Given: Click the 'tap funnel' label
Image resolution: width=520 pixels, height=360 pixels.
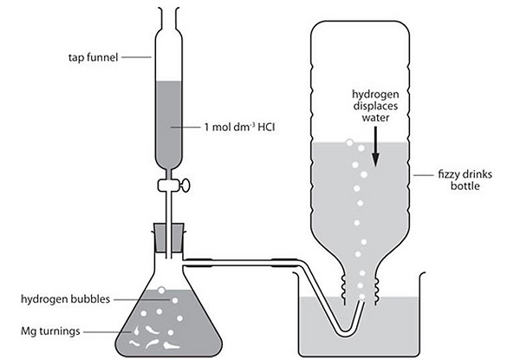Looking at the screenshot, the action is click(94, 57).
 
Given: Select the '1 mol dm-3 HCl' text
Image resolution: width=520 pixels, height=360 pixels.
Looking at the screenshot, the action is click(239, 127).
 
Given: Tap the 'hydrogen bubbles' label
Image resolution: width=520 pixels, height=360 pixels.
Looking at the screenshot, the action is click(65, 299).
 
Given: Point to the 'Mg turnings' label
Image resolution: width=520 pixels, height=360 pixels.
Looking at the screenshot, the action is click(50, 331).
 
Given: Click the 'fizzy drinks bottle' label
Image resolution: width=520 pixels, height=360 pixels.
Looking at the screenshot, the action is click(465, 180).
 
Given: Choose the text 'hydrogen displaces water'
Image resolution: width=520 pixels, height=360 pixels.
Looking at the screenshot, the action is click(375, 106).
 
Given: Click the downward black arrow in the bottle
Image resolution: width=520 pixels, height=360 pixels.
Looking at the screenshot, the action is click(375, 147).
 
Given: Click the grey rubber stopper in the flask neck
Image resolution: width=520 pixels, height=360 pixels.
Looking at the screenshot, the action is click(169, 238).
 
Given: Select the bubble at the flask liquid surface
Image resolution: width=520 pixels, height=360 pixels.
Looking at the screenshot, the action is click(161, 291).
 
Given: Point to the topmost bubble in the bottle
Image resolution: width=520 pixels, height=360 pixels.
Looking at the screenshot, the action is click(349, 142).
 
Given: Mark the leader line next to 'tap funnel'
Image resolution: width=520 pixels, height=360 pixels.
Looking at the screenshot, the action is click(136, 57).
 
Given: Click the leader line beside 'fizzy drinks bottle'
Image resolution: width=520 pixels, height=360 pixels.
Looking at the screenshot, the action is click(424, 175).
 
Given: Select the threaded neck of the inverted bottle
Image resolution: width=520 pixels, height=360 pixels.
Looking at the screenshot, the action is click(361, 289).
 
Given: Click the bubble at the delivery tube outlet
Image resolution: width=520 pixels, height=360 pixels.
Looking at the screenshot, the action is click(361, 297).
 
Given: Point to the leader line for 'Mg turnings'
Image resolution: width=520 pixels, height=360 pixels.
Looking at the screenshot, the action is click(107, 331).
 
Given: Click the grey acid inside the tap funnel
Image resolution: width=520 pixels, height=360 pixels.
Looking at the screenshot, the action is click(169, 124).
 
